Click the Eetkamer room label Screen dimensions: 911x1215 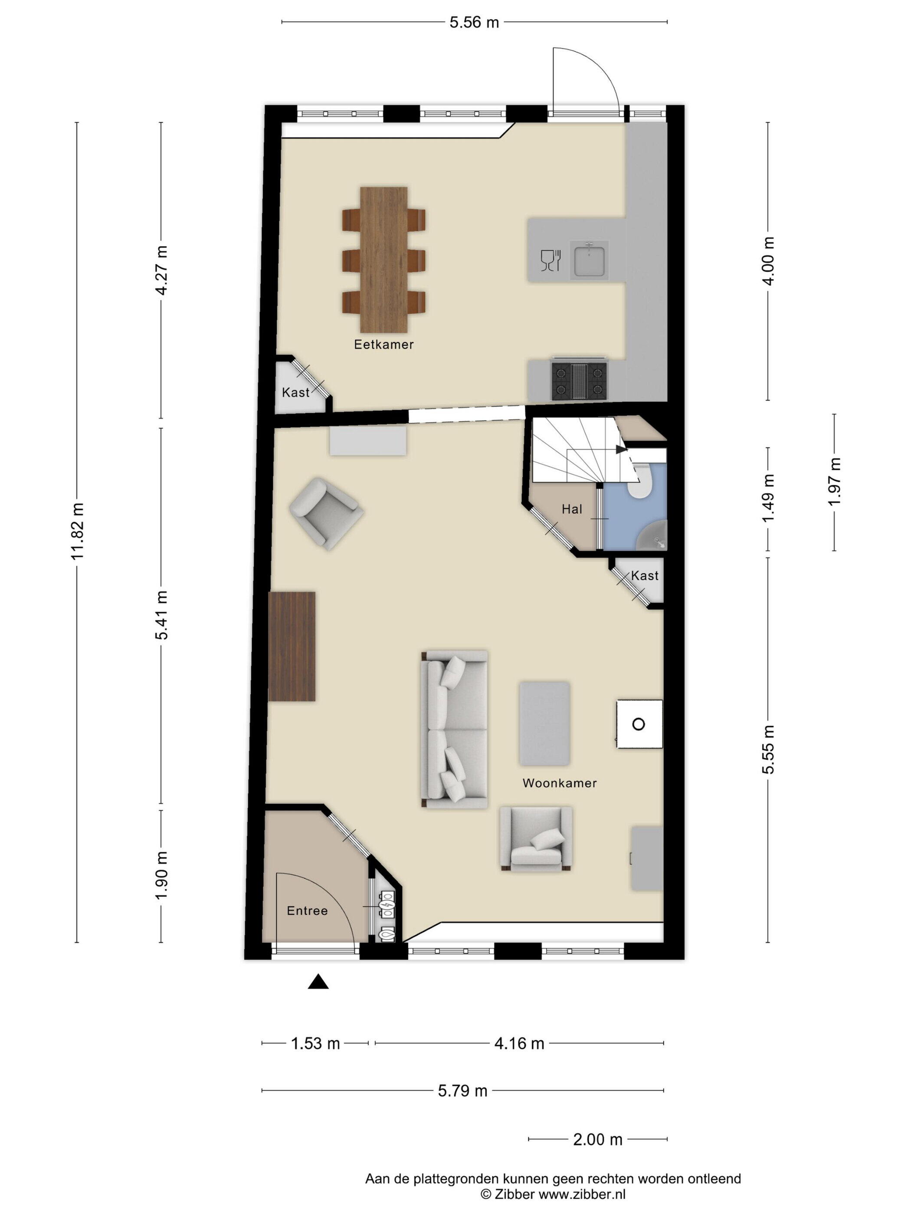383,345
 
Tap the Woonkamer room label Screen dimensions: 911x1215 559,783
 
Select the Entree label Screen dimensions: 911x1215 307,910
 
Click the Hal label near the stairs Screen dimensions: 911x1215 572,509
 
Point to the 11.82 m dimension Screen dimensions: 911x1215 77,531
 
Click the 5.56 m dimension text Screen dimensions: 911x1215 474,23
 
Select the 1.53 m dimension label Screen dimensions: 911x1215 315,1043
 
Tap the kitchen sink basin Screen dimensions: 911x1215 589,260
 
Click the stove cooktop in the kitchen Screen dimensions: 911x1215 579,380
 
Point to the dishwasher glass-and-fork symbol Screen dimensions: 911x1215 550,260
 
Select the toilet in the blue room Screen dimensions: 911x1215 639,481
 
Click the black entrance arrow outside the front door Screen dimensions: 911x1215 318,982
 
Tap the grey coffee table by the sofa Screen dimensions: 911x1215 544,723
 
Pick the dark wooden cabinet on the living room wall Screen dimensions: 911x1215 292,646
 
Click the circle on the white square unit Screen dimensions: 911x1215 638,724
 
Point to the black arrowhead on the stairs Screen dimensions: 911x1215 621,449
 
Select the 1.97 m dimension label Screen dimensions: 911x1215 834,482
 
